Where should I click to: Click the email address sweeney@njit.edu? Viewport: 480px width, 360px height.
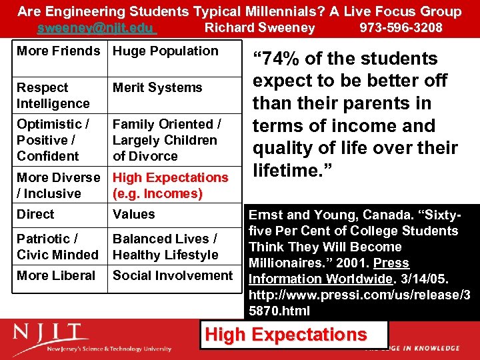(96, 28)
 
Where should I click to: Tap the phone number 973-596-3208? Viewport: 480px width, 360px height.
(401, 28)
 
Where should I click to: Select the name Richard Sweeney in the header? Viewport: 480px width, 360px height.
(259, 28)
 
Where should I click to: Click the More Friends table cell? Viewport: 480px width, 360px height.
(59, 51)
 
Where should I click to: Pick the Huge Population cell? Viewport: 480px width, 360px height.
(165, 51)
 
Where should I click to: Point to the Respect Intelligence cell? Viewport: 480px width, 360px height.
(53, 95)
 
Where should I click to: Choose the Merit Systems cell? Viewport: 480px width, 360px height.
(157, 88)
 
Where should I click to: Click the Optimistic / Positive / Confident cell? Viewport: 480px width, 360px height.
(53, 140)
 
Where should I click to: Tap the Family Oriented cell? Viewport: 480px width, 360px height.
(167, 140)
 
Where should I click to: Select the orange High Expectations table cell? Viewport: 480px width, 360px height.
(170, 185)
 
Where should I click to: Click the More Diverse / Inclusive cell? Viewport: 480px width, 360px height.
(59, 185)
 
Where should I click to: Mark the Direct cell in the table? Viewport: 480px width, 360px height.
(36, 215)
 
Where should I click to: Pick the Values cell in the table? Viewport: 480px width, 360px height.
(134, 215)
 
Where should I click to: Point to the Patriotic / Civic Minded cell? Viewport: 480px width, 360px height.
(57, 247)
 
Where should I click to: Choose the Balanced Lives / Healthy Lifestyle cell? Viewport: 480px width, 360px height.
(165, 247)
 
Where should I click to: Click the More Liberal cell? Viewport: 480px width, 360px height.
(56, 276)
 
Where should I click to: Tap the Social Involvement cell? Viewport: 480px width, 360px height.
(173, 276)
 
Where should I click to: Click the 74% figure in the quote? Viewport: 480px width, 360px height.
(280, 59)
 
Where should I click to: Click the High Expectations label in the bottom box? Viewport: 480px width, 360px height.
(286, 335)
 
